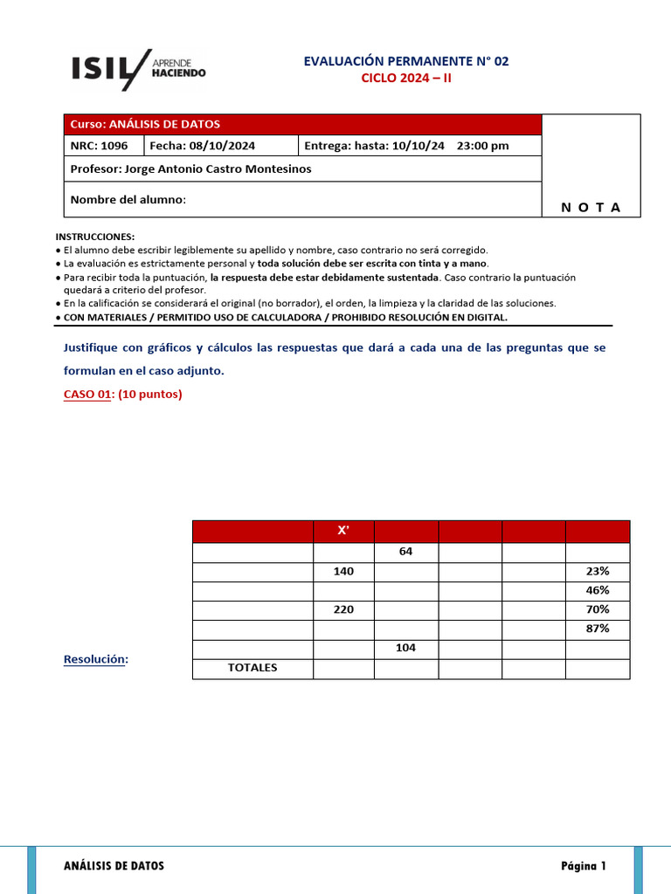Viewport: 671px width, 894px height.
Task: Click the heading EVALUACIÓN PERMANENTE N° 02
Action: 405,61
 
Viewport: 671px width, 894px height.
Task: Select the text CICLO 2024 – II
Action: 407,78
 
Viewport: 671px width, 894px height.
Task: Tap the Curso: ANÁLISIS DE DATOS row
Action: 302,124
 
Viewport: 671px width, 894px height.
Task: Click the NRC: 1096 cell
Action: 103,146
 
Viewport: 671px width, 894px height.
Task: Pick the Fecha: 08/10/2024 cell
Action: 221,146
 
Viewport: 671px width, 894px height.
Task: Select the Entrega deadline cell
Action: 419,146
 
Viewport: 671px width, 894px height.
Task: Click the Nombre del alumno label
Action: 128,200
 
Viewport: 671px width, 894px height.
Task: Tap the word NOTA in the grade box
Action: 591,207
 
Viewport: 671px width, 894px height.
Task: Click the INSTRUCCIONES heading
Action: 95,237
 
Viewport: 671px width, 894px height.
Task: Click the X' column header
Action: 343,532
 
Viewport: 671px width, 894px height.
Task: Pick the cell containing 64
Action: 406,552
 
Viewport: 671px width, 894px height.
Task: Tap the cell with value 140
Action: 343,571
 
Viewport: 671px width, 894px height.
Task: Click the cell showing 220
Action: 343,609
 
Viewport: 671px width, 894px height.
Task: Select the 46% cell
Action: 598,590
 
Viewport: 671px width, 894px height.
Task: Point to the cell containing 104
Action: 406,648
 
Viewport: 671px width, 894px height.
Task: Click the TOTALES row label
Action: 252,668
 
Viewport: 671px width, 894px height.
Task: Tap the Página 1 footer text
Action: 583,866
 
